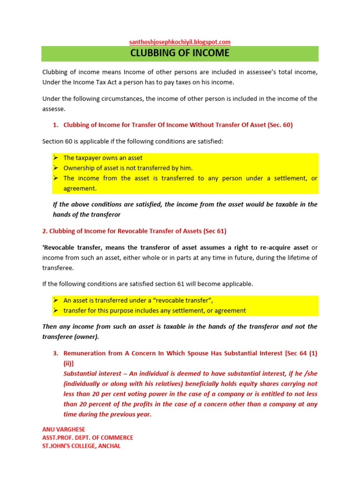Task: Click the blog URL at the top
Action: (x=180, y=42)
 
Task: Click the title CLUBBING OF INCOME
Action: (x=180, y=53)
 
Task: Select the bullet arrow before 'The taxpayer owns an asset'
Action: (x=55, y=158)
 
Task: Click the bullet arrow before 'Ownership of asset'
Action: (x=55, y=168)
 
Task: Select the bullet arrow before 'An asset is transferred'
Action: (x=55, y=300)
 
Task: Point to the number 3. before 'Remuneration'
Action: (x=55, y=353)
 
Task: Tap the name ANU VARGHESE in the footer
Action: (x=61, y=429)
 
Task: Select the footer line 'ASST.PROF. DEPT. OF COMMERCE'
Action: (x=88, y=437)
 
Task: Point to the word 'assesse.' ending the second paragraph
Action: (x=54, y=109)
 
